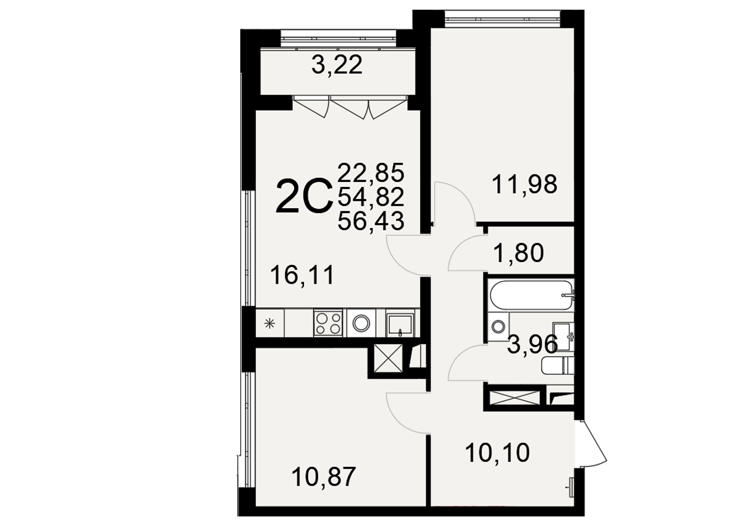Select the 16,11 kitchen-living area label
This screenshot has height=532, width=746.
pos(302,275)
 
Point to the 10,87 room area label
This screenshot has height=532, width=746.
pos(323,477)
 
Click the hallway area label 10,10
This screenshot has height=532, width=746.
pos(497,453)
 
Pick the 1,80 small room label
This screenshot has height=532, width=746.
pos(519,253)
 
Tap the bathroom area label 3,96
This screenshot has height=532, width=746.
pos(532,345)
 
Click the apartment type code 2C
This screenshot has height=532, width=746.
pos(304,196)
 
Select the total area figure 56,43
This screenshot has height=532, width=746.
pos(371,221)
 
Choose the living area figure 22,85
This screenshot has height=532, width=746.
pos(371,173)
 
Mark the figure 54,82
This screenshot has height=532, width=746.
pos(371,197)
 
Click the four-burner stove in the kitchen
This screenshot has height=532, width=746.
pos(328,323)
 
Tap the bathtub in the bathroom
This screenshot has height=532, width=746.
pos(532,295)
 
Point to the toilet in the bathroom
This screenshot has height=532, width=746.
pos(558,366)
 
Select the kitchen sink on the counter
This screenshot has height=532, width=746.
pos(401,324)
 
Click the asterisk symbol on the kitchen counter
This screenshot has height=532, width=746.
pos(269,323)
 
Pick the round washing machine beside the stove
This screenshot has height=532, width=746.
pos(362,323)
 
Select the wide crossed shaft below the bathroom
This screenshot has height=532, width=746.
pos(515,398)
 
